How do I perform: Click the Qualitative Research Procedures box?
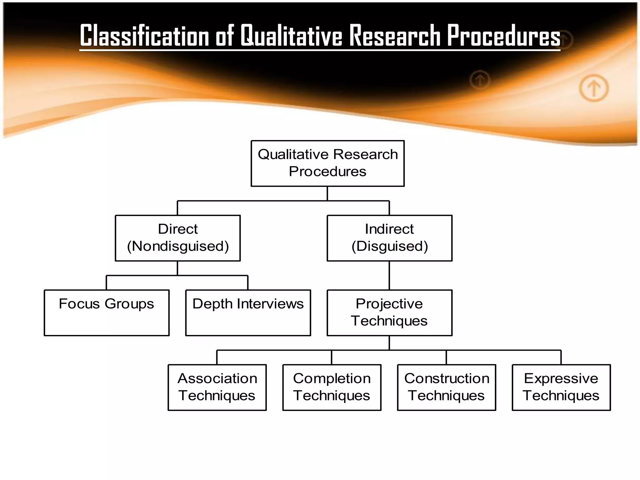click(327, 163)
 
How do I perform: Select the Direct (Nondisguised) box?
click(178, 238)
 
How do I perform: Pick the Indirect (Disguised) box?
click(389, 238)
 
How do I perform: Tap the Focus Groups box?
click(107, 313)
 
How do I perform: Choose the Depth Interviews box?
click(248, 313)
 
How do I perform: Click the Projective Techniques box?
click(389, 313)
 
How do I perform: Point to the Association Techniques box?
click(217, 387)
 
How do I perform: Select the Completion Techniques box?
click(332, 387)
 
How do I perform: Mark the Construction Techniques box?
click(447, 387)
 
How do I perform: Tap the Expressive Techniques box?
click(561, 387)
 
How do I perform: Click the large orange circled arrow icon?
click(594, 88)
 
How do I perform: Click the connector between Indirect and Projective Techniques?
click(389, 275)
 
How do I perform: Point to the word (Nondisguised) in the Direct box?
click(178, 246)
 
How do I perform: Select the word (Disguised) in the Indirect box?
click(390, 246)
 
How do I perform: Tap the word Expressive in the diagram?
click(561, 378)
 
